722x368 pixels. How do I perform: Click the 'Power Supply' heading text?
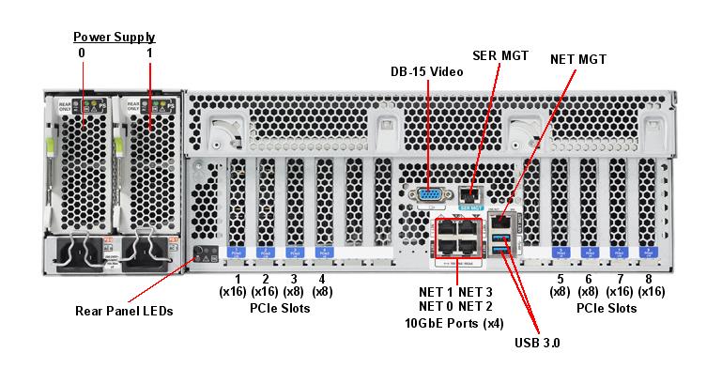[x=115, y=38]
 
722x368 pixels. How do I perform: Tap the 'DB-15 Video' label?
[x=427, y=71]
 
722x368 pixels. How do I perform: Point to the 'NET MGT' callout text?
[x=579, y=59]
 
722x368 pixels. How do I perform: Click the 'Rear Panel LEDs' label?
[x=124, y=311]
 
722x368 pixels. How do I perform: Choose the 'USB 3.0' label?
[x=537, y=343]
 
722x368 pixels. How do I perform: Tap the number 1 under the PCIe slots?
[x=238, y=279]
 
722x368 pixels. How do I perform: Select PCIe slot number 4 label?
[x=322, y=279]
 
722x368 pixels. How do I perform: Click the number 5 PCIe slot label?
[x=561, y=279]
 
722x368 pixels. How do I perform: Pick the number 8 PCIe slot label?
[x=648, y=279]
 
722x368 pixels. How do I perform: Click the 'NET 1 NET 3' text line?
[x=455, y=291]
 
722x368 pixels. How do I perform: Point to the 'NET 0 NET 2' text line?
[x=455, y=306]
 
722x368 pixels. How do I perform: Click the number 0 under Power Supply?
[x=82, y=54]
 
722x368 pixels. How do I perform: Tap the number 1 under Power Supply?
[x=149, y=54]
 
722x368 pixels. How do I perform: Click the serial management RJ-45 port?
[x=470, y=195]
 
